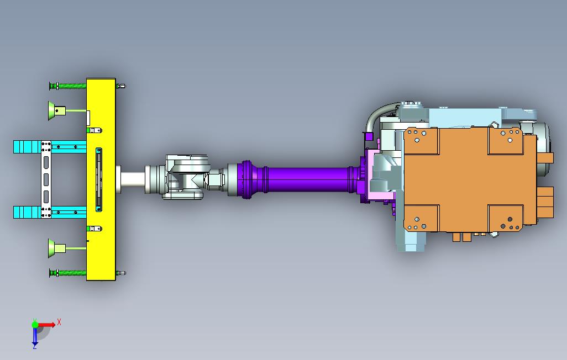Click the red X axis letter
[59, 322]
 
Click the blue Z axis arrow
[35, 336]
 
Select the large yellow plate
[101, 179]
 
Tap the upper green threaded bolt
[68, 86]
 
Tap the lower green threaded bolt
[68, 273]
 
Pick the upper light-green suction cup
[56, 110]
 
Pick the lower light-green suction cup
[56, 248]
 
